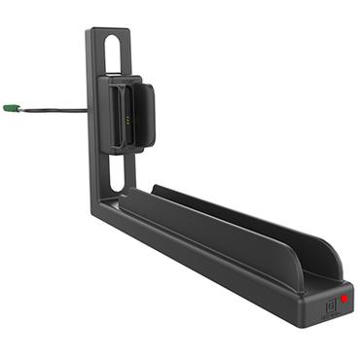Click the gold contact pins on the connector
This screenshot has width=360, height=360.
point(128,124)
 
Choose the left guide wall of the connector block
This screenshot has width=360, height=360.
point(113,112)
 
